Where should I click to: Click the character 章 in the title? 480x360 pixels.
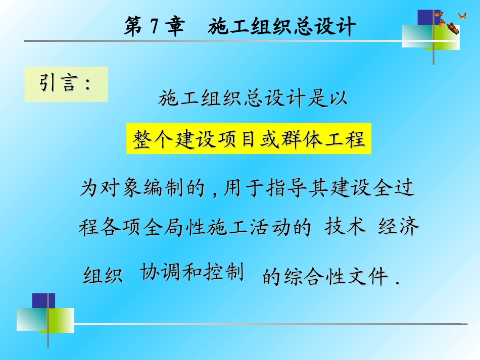(175, 27)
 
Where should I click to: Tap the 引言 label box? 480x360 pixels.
(66, 84)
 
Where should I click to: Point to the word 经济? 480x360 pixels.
(399, 227)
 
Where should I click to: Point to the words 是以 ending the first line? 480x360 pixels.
(328, 98)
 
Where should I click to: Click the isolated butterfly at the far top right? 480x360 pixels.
(462, 16)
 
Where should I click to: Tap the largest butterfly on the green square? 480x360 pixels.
(453, 28)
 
